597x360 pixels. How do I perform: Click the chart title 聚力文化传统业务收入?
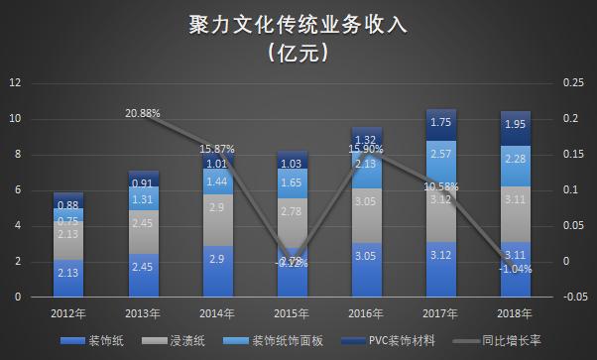(x=298, y=25)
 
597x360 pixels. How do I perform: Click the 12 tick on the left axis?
(x=15, y=84)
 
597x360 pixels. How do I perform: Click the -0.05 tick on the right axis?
(x=573, y=297)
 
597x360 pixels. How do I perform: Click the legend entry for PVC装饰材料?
(x=391, y=340)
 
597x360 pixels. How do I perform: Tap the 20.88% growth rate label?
(x=143, y=113)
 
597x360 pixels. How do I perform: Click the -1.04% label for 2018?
(x=516, y=269)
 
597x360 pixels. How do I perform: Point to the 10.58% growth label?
(x=441, y=185)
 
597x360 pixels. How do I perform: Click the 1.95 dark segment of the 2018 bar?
(x=516, y=126)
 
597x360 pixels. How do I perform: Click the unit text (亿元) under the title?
(x=298, y=56)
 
